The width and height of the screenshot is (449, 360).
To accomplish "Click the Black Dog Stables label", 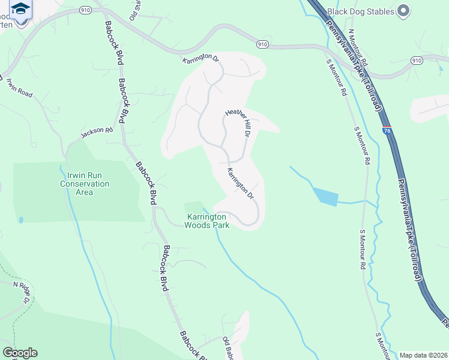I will pos(361,11).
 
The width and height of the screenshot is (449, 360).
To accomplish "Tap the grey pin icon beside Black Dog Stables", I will pos(403,10).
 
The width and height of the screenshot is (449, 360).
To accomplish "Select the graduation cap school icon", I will pos(20,9).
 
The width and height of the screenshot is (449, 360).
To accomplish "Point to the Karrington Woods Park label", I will pos(207,221).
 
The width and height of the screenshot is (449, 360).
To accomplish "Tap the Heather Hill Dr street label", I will pos(237,123).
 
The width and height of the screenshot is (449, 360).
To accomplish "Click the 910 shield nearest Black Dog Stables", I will pos(417,61).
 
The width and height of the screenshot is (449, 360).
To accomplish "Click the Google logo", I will pos(20,353).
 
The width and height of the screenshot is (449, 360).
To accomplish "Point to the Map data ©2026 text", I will pos(423,355).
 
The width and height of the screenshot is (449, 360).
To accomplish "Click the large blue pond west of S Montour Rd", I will pos(324,197).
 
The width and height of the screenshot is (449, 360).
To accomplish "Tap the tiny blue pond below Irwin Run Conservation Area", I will pos(21,220).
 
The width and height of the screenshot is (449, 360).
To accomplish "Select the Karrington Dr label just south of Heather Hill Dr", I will pos(241,184).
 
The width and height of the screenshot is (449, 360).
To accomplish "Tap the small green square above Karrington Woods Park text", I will pos(193,208).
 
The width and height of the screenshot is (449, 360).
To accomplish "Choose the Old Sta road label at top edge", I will pos(136,6).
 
